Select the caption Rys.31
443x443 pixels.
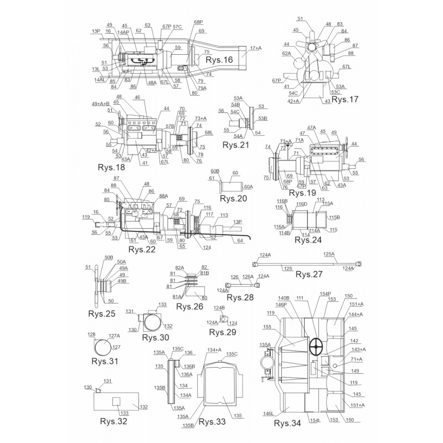click(x=105, y=361)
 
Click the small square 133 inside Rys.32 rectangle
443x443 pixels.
click(x=117, y=400)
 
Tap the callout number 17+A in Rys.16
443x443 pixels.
click(x=256, y=48)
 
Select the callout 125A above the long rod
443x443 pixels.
click(x=329, y=254)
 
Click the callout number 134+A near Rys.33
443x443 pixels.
click(x=214, y=350)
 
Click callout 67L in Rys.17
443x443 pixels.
click(x=347, y=66)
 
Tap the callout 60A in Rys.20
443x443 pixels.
click(x=248, y=187)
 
